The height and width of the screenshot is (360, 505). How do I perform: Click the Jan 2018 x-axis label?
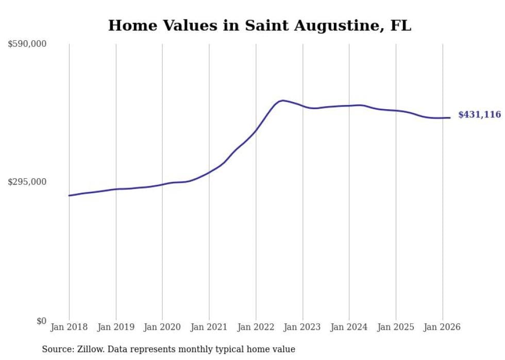[x=69, y=327]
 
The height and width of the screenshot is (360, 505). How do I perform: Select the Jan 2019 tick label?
[x=116, y=327]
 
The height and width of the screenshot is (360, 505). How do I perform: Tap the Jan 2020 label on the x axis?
[x=162, y=327]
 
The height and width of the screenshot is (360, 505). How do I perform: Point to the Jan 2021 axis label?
[x=209, y=327]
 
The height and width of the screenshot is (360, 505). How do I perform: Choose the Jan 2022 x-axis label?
[x=256, y=327]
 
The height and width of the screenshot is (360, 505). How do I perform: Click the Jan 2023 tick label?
[x=302, y=327]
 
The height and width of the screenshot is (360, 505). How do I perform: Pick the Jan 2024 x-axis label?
[x=349, y=327]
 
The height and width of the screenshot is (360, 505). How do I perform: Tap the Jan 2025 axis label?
[x=396, y=327]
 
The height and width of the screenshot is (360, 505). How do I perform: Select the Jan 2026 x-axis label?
[x=442, y=327]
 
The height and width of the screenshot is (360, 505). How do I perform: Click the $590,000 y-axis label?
[x=27, y=44]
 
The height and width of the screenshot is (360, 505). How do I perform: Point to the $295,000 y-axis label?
[x=27, y=182]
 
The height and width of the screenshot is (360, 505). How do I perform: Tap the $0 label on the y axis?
[x=41, y=321]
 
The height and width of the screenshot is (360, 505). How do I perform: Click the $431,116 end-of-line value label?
[x=479, y=115]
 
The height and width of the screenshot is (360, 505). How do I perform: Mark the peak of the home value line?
[x=282, y=100]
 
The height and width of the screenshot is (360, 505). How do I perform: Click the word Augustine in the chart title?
[x=306, y=26]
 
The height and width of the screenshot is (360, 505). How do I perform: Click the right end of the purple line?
[x=450, y=118]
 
